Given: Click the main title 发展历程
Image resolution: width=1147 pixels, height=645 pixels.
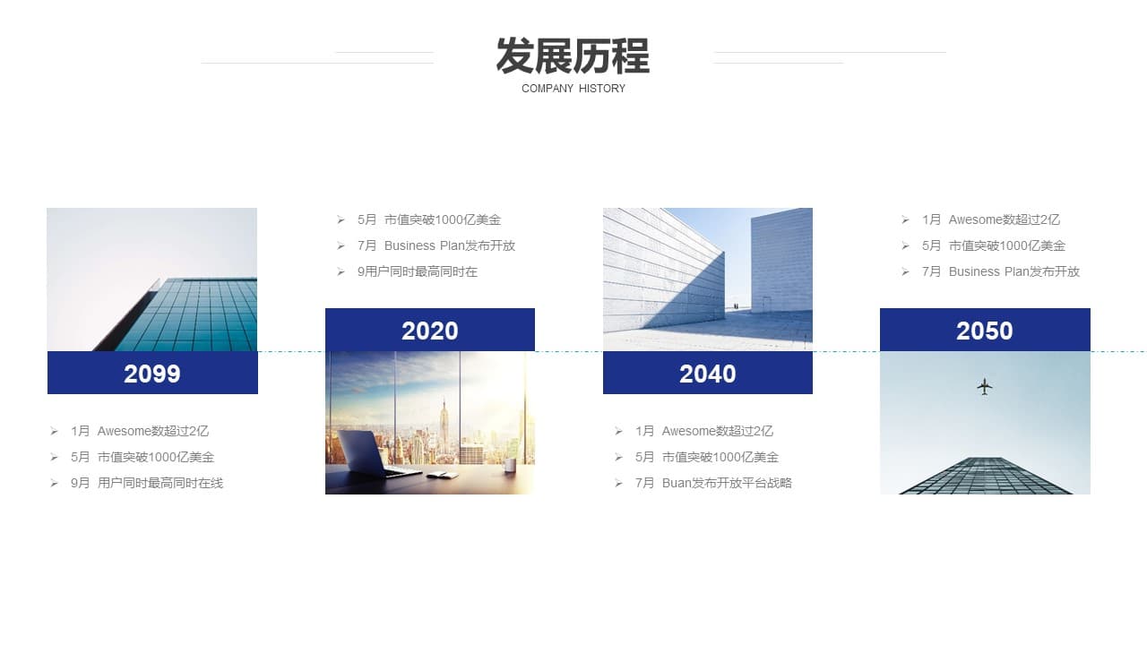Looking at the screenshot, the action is pyautogui.click(x=573, y=56).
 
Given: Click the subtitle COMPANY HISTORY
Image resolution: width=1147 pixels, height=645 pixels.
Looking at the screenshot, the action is pyautogui.click(x=573, y=89).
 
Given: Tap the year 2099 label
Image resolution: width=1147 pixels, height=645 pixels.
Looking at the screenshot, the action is pyautogui.click(x=152, y=374).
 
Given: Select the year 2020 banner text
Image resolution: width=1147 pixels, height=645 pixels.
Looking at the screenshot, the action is pyautogui.click(x=429, y=331).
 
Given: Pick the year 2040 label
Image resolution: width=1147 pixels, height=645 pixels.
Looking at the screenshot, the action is pyautogui.click(x=708, y=374).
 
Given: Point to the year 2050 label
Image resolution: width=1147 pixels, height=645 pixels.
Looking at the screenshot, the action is pyautogui.click(x=985, y=331).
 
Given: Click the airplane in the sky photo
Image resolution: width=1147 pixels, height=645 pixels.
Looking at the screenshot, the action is pyautogui.click(x=984, y=386).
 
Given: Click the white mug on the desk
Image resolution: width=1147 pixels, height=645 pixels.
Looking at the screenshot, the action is pyautogui.click(x=510, y=465).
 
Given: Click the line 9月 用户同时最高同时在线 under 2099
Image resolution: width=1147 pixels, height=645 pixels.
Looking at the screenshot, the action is pyautogui.click(x=147, y=483).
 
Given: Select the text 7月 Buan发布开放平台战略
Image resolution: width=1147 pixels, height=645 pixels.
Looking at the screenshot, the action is pyautogui.click(x=714, y=483).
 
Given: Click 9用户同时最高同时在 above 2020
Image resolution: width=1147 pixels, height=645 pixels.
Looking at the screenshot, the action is pyautogui.click(x=418, y=271).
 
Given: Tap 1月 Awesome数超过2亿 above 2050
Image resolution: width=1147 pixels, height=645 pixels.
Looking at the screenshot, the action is pyautogui.click(x=991, y=219).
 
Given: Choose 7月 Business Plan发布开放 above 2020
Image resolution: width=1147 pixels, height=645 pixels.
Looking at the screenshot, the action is pyautogui.click(x=436, y=245).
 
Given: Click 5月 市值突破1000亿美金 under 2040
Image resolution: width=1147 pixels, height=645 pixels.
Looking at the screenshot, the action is pyautogui.click(x=707, y=457).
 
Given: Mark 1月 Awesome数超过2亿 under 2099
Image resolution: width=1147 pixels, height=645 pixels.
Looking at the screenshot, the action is pyautogui.click(x=140, y=431).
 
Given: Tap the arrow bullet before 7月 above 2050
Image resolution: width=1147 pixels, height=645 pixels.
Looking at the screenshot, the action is pyautogui.click(x=905, y=271).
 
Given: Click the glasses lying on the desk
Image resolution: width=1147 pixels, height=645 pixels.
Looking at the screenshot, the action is pyautogui.click(x=443, y=476).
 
